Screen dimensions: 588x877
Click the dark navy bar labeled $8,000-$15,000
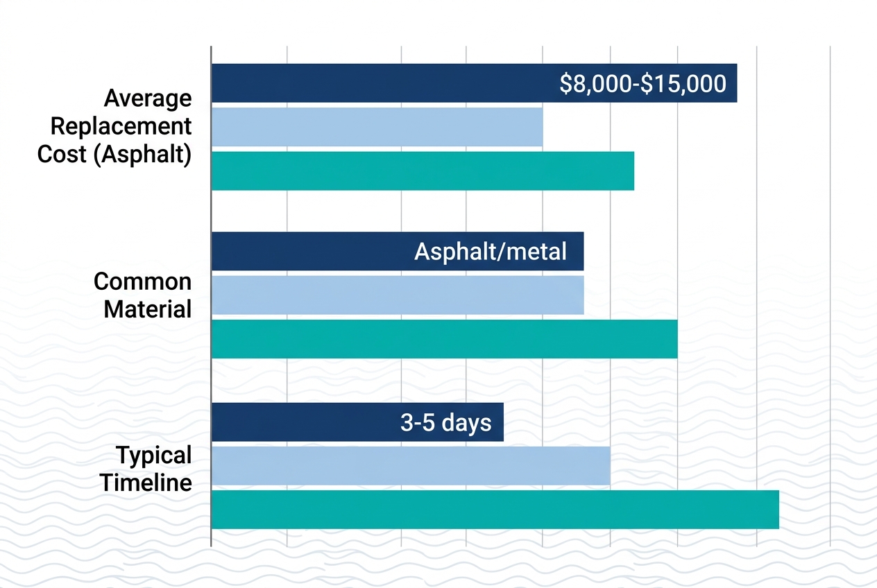(382, 83)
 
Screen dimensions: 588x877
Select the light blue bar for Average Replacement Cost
(377, 127)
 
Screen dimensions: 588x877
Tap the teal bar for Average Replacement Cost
(423, 171)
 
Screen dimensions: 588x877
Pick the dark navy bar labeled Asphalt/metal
(312, 251)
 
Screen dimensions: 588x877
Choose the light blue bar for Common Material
(397, 295)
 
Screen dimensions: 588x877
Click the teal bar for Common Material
(444, 339)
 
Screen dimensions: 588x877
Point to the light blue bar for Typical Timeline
(410, 465)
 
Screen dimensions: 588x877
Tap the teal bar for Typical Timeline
(495, 509)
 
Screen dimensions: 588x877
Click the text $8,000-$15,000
(642, 84)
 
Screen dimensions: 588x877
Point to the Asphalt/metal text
(491, 251)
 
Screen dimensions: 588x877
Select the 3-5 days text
(446, 422)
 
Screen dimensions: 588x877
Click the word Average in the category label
(148, 98)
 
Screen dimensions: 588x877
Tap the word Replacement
(121, 126)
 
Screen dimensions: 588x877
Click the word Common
(143, 282)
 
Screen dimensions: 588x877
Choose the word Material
(148, 309)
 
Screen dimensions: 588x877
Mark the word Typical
(153, 456)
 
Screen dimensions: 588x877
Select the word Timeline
(146, 482)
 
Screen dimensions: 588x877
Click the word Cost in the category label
(62, 154)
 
